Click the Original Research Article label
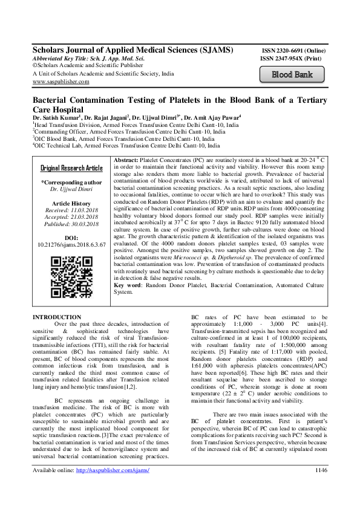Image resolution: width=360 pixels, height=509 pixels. coord(71,151)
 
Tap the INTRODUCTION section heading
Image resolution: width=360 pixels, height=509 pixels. coord(56,317)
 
